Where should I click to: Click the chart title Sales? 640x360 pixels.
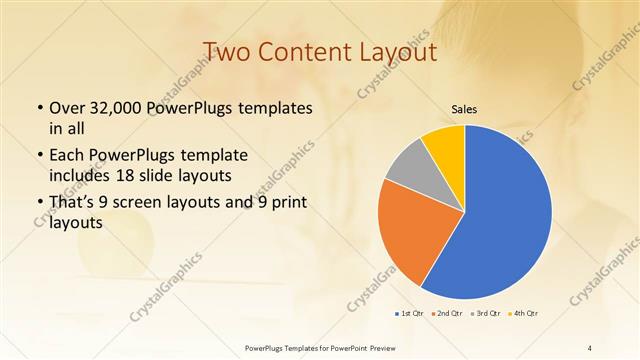(464, 109)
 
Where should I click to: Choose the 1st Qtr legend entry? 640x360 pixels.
(407, 314)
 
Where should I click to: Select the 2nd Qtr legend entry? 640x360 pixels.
(445, 314)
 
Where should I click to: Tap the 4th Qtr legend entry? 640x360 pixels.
(523, 314)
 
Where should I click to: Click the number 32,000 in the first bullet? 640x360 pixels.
(121, 108)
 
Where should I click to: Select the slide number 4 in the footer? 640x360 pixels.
(590, 347)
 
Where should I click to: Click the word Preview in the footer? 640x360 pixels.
(375, 347)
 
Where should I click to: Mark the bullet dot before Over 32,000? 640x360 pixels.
(39, 108)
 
